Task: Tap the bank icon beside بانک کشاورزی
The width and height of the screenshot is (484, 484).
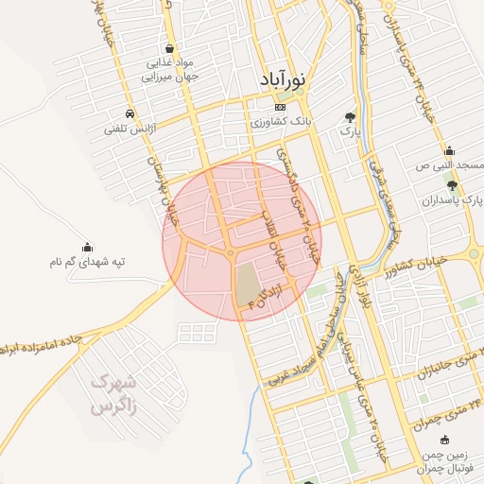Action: point(266,108)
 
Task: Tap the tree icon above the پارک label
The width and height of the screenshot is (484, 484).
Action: point(350,116)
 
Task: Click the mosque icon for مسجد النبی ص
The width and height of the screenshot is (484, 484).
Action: point(448,151)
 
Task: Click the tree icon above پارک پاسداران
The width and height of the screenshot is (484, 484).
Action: point(452,185)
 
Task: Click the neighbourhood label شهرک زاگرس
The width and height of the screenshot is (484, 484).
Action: point(114,395)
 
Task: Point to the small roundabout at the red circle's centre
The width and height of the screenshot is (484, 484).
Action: point(231,252)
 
